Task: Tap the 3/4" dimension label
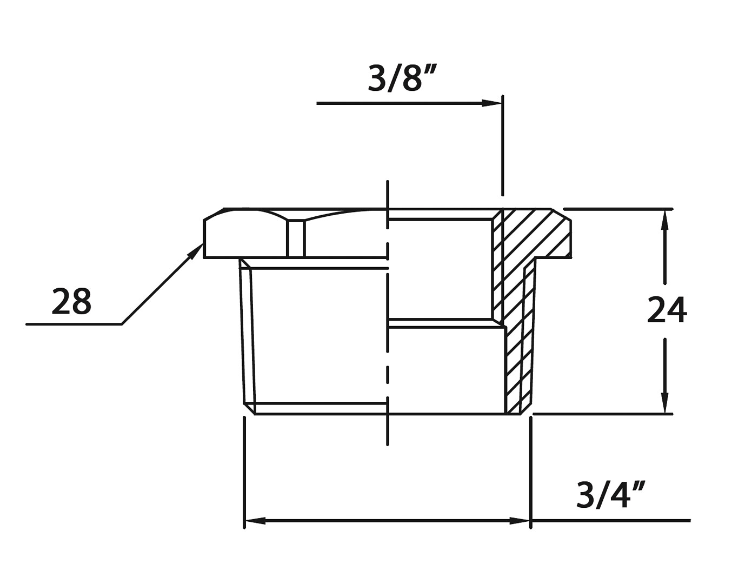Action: pyautogui.click(x=610, y=495)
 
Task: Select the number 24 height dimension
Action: pyautogui.click(x=667, y=311)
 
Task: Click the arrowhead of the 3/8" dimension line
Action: pyautogui.click(x=491, y=103)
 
